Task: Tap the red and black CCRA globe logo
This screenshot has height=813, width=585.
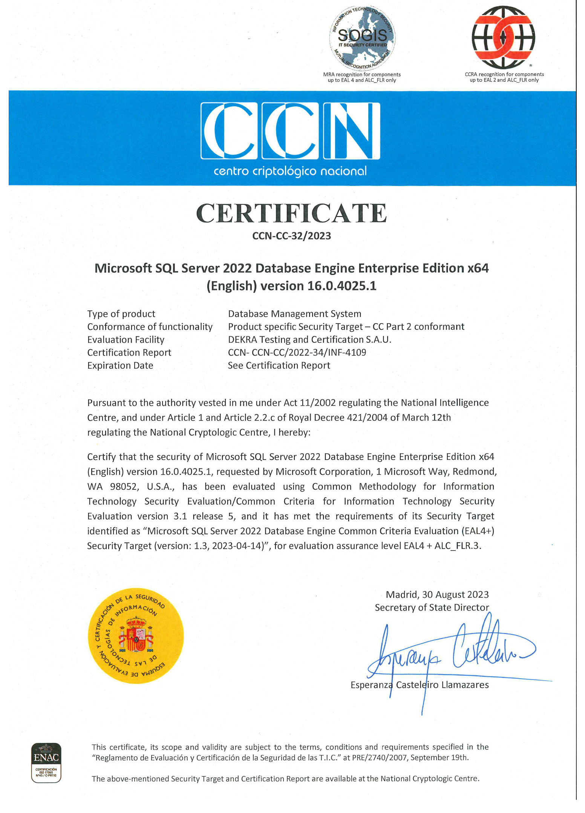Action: click(503, 37)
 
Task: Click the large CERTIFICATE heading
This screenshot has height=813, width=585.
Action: click(291, 213)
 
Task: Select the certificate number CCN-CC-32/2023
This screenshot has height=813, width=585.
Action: click(291, 236)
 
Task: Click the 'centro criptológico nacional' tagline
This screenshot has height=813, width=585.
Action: click(290, 171)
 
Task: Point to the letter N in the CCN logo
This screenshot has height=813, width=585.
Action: click(352, 131)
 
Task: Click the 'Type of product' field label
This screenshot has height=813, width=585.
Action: click(121, 314)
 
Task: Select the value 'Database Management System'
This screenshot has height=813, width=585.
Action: click(294, 314)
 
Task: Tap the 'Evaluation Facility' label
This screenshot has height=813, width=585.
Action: click(126, 340)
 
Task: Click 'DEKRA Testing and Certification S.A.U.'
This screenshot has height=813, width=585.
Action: click(309, 340)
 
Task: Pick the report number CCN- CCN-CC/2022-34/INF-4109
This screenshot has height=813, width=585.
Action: click(297, 353)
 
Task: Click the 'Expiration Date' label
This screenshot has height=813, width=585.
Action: click(120, 365)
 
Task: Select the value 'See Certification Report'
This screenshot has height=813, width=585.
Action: click(279, 365)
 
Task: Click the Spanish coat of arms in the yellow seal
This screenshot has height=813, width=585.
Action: click(136, 635)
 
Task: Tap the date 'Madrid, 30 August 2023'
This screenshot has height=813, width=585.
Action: click(437, 595)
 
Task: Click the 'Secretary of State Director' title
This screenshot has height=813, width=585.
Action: click(432, 607)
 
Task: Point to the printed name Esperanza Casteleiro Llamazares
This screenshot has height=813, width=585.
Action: click(419, 685)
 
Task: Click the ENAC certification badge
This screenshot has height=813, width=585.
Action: click(46, 762)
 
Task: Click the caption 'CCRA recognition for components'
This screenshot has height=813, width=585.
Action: click(504, 74)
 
